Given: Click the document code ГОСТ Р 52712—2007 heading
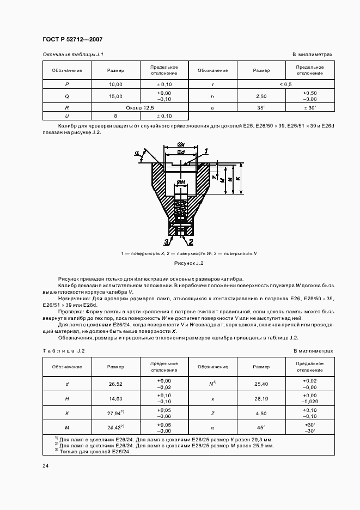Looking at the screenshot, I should click(72, 40).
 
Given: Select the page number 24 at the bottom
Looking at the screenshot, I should click(45, 466).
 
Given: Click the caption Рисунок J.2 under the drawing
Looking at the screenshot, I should click(188, 263).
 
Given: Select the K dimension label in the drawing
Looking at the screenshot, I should click(239, 179).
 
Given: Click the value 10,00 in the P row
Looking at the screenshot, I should click(115, 84).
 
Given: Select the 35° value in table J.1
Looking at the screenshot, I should click(261, 108).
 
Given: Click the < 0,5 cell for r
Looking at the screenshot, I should click(285, 84).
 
